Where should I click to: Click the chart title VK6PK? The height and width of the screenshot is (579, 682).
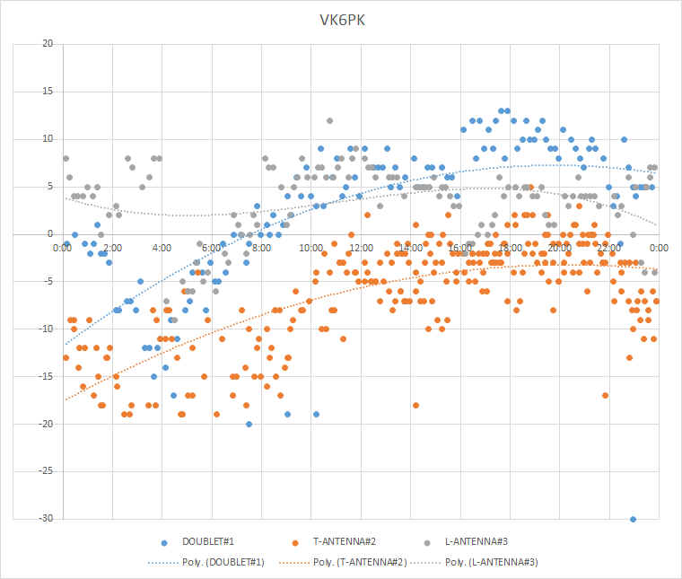coord(340,19)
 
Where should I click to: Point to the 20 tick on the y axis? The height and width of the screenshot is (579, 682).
coord(48,44)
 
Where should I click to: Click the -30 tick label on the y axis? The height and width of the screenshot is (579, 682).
coord(46,519)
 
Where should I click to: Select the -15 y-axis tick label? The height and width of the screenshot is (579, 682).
coord(46,376)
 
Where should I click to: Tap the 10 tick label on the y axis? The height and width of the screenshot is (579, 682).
coord(48,139)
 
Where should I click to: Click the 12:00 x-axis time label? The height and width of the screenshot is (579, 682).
coord(361,247)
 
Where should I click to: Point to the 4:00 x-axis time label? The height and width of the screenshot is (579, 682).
coord(162,247)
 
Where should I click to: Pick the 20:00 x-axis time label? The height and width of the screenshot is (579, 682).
coord(559,247)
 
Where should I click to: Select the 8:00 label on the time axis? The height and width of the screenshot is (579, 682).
coord(261,247)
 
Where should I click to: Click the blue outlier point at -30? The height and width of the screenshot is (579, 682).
coord(633,519)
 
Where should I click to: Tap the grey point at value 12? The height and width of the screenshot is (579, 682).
coord(329,120)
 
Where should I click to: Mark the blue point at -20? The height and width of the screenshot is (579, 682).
coord(249,424)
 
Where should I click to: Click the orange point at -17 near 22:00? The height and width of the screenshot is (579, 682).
coord(606,395)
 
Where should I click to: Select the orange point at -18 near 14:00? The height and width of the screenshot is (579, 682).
coord(415,405)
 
